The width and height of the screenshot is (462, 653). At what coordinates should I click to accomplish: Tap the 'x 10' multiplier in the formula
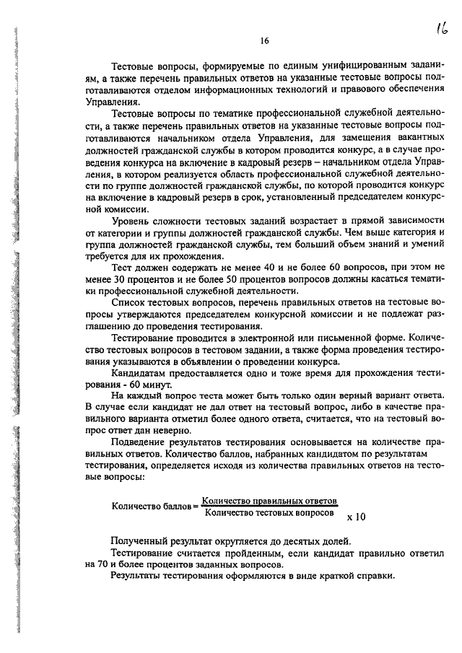coord(357,517)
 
